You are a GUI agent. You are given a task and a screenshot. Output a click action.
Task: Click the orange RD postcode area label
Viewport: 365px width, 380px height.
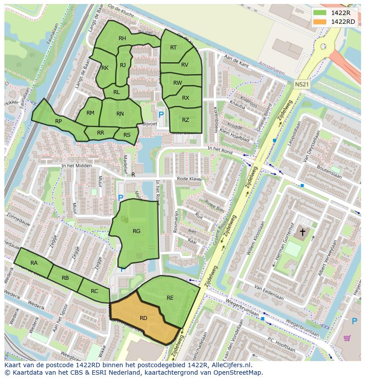point(143,318)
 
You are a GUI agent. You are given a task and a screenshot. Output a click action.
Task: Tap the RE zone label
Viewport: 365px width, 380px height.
point(170,298)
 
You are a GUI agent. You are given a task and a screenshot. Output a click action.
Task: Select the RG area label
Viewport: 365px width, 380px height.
point(136,231)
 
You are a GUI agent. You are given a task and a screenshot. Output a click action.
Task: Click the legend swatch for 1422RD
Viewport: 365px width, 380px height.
point(320,22)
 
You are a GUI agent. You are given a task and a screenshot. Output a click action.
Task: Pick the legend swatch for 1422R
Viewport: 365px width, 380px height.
point(320,13)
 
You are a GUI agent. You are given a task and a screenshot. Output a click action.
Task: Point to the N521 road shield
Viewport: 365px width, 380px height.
point(302,83)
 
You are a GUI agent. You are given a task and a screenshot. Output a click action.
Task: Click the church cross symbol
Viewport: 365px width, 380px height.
point(303,231)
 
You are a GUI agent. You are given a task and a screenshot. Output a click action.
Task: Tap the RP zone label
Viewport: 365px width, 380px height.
point(58,121)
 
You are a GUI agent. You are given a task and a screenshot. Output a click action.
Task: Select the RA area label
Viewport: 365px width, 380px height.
point(34,263)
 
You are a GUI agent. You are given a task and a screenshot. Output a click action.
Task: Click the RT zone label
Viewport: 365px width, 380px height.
point(173,48)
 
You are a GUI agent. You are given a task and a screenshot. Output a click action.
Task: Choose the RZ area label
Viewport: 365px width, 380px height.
point(186,120)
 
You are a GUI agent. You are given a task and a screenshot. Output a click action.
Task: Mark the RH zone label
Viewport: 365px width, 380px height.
point(122,38)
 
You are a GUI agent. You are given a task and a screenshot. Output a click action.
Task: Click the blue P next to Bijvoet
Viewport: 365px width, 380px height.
point(161,115)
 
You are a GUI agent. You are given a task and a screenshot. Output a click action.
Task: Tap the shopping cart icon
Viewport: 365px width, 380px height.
point(347,338)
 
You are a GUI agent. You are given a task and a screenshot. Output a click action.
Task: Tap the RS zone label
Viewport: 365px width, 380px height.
point(127,135)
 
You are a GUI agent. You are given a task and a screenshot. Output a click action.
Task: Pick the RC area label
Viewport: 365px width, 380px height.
point(94,291)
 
